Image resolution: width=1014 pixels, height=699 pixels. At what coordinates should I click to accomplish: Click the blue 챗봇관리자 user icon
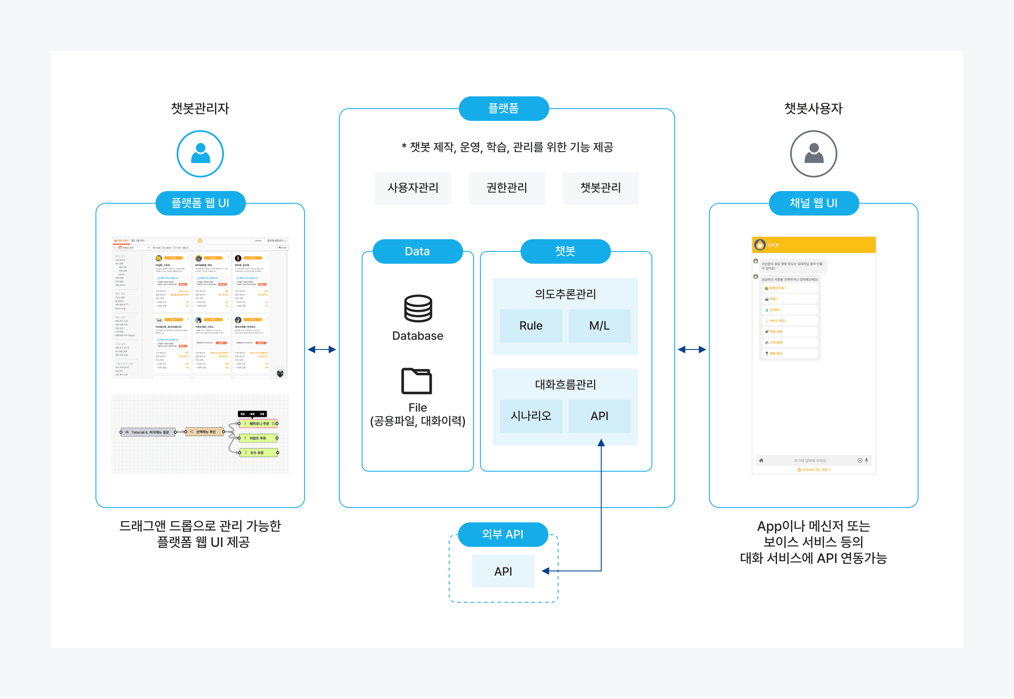pyautogui.click(x=200, y=154)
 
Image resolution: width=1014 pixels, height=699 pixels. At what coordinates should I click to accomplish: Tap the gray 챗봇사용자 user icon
pyautogui.click(x=813, y=154)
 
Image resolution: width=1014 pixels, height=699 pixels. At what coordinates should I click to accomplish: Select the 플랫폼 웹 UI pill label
pyautogui.click(x=200, y=203)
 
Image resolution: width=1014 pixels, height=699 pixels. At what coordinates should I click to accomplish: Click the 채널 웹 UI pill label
pyautogui.click(x=813, y=203)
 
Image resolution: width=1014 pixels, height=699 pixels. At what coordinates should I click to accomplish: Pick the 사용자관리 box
pyautogui.click(x=413, y=188)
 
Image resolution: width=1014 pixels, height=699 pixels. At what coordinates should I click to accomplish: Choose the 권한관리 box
pyautogui.click(x=507, y=188)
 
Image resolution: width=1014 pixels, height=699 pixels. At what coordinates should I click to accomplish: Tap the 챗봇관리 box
pyautogui.click(x=600, y=188)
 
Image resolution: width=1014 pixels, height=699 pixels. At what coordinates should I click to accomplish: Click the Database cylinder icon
pyautogui.click(x=418, y=309)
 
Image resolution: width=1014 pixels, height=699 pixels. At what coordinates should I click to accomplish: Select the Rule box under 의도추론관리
pyautogui.click(x=531, y=325)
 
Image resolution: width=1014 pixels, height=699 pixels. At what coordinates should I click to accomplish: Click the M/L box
pyautogui.click(x=599, y=325)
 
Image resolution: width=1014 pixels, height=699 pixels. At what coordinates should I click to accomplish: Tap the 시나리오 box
pyautogui.click(x=531, y=415)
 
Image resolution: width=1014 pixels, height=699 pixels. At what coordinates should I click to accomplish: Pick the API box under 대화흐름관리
pyautogui.click(x=599, y=415)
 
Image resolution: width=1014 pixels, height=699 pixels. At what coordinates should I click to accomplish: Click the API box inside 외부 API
pyautogui.click(x=503, y=571)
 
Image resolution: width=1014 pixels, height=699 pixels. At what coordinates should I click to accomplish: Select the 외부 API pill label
pyautogui.click(x=503, y=534)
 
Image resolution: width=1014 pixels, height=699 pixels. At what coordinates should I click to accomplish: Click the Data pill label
pyautogui.click(x=417, y=251)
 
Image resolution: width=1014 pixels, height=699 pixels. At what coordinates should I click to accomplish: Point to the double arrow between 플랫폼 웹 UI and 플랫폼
pyautogui.click(x=322, y=349)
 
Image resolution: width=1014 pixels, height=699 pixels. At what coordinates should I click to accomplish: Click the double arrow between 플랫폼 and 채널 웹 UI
pyautogui.click(x=692, y=349)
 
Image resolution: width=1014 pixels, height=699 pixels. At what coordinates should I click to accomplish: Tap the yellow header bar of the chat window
pyautogui.click(x=813, y=245)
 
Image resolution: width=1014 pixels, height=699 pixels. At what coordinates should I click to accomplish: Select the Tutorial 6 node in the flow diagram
pyautogui.click(x=148, y=432)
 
